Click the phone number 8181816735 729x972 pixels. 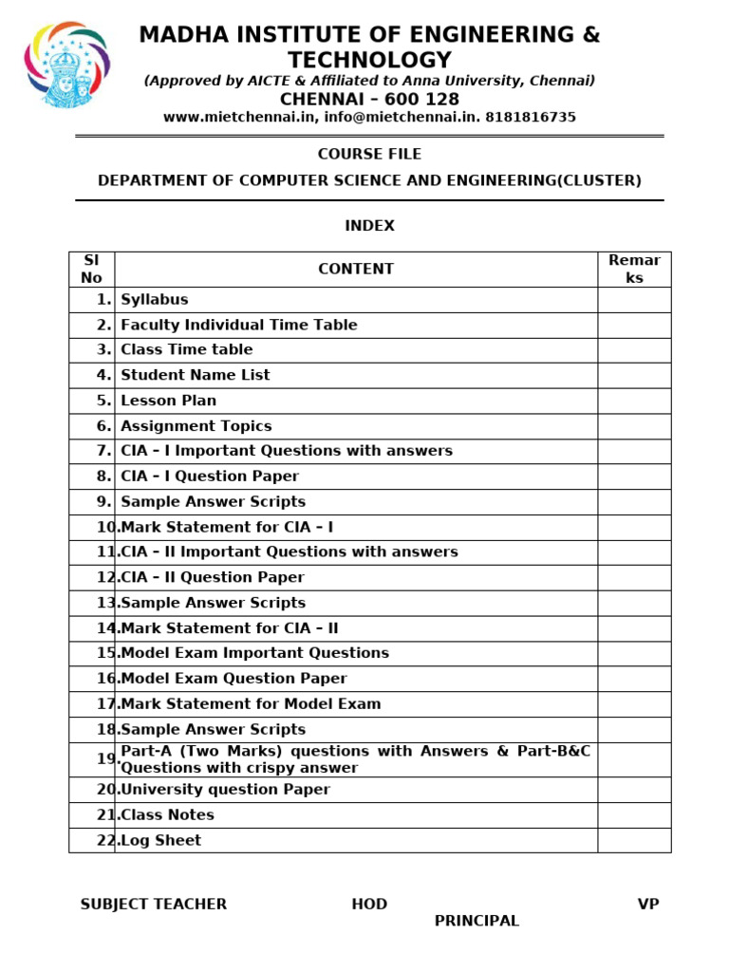pyautogui.click(x=531, y=118)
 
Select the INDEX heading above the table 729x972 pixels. pyautogui.click(x=369, y=226)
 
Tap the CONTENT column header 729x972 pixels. pyautogui.click(x=356, y=269)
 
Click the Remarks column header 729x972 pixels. pyautogui.click(x=634, y=269)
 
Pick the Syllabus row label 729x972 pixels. pyautogui.click(x=155, y=300)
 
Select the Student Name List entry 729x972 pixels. pyautogui.click(x=196, y=375)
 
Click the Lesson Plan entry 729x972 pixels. pyautogui.click(x=169, y=401)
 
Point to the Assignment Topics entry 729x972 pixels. pyautogui.click(x=196, y=426)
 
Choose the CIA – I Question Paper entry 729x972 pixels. pyautogui.click(x=210, y=477)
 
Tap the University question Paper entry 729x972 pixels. pyautogui.click(x=226, y=790)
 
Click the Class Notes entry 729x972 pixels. pyautogui.click(x=168, y=815)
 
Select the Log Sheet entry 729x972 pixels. pyautogui.click(x=161, y=841)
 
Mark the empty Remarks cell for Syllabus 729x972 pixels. pyautogui.click(x=634, y=300)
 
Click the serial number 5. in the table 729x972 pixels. pyautogui.click(x=103, y=401)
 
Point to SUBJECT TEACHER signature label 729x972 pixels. pyautogui.click(x=154, y=905)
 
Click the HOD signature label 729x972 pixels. pyautogui.click(x=369, y=905)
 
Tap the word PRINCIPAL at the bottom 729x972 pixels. pyautogui.click(x=477, y=921)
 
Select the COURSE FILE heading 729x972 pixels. pyautogui.click(x=369, y=154)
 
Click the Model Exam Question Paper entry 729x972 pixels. pyautogui.click(x=234, y=679)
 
